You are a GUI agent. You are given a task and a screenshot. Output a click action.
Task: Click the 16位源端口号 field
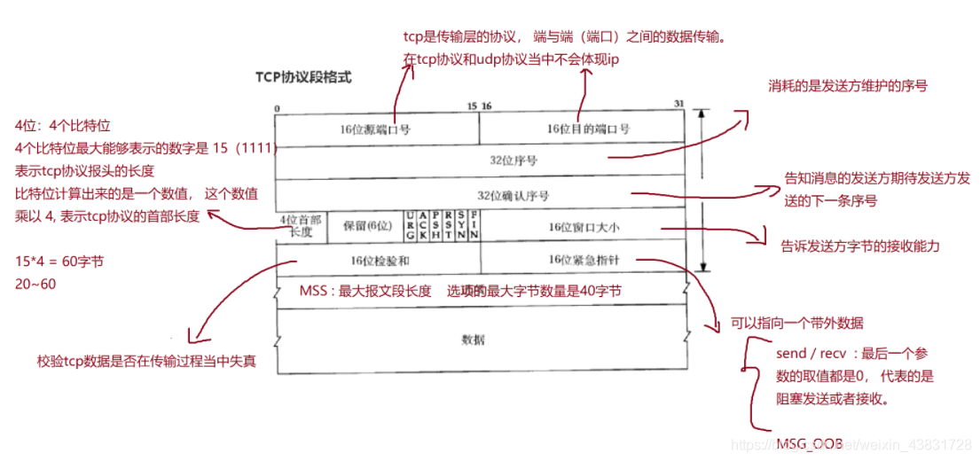[376, 129]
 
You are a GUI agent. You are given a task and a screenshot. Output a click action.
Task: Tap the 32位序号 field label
[514, 161]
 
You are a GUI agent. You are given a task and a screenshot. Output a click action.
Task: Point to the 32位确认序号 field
[514, 194]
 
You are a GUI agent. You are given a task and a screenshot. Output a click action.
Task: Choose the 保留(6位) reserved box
[367, 226]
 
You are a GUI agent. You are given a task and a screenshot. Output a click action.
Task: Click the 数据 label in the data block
[474, 340]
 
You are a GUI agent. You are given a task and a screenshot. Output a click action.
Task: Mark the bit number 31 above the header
[678, 104]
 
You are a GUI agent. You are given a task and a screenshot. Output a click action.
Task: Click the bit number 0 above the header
[278, 108]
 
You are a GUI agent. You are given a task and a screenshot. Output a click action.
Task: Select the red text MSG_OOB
[810, 442]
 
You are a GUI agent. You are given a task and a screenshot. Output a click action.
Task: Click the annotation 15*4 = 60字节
[56, 263]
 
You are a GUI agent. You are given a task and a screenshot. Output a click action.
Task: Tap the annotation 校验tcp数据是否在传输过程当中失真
[146, 361]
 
